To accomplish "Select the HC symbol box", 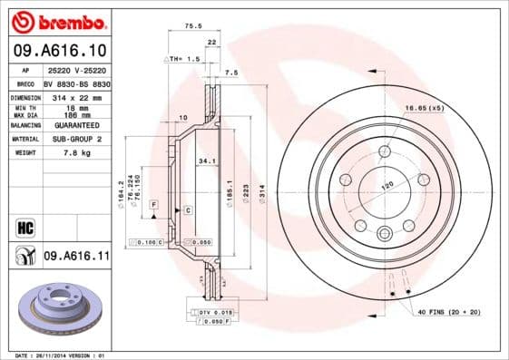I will (24, 227).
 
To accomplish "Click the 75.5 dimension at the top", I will (192, 27).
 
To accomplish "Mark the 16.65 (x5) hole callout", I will (425, 108).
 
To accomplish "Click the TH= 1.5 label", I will (181, 58).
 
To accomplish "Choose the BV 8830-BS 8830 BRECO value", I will (76, 83).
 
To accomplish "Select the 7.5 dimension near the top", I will (230, 73).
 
